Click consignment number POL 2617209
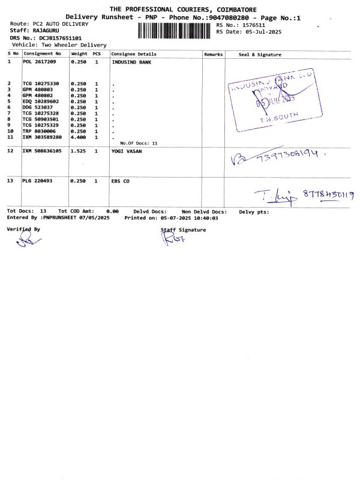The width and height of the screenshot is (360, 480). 40,61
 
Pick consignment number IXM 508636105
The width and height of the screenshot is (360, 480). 42,151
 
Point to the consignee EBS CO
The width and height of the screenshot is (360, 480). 121,181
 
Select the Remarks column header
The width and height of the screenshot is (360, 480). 214,54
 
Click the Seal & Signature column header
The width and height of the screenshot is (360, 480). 260,54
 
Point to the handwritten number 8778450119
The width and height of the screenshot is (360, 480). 329,194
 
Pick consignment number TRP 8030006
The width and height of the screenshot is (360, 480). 40,131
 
